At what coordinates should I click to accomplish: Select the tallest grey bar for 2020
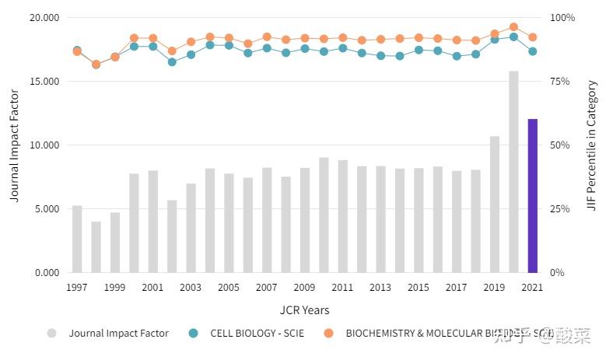(513, 172)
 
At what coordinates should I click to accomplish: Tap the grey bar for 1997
(77, 239)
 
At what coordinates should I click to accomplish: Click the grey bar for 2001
(153, 222)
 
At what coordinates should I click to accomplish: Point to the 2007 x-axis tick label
(267, 288)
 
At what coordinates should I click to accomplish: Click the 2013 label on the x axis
(380, 288)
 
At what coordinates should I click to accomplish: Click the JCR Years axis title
(304, 310)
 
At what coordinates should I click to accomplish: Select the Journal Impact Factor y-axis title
(14, 145)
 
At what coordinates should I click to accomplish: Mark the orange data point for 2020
(513, 27)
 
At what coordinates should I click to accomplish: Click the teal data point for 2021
(532, 51)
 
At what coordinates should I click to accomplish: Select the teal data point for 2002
(172, 61)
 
